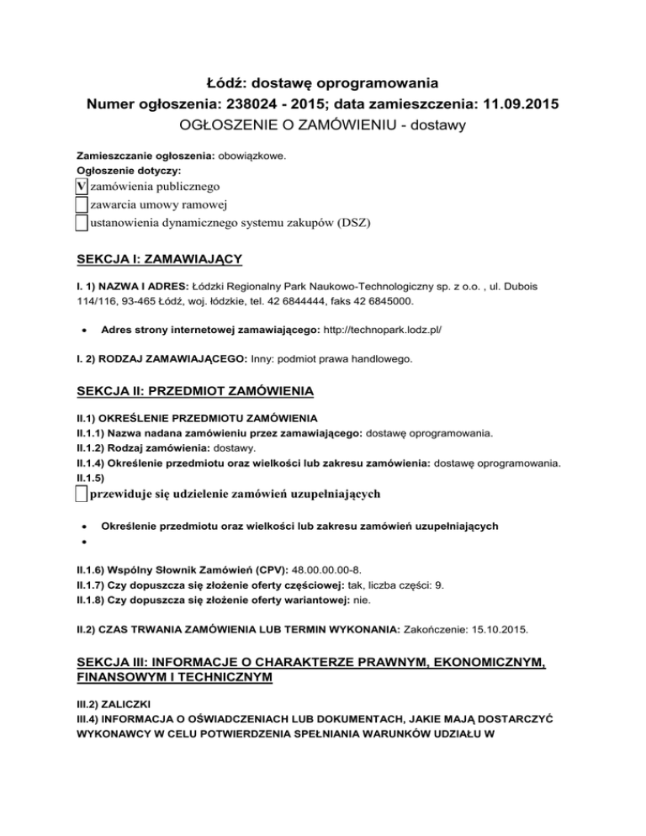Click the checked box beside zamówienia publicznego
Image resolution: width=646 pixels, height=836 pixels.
tap(82, 186)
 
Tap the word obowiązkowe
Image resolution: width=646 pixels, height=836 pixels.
tap(253, 156)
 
